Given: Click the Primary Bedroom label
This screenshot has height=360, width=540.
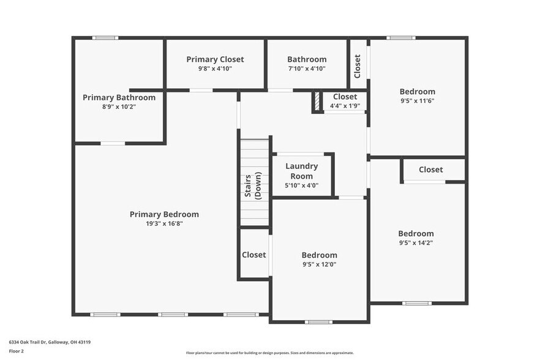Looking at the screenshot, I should tap(164, 214).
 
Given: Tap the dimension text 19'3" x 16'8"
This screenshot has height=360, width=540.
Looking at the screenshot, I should tap(164, 223).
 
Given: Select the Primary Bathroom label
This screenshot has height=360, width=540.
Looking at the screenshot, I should tap(119, 97).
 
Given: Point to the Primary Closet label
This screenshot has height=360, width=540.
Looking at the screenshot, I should tap(215, 59).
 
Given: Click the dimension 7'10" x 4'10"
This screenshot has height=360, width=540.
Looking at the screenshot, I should tap(307, 69).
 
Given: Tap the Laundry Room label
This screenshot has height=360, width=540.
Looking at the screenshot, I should tap(301, 171).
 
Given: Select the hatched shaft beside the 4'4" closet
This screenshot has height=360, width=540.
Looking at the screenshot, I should tap(317, 102).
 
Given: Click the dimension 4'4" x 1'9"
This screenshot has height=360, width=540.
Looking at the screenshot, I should tap(345, 106).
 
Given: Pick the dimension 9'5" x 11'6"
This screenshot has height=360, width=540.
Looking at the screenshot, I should tap(418, 100).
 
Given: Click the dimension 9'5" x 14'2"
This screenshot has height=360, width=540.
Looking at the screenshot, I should tap(416, 242).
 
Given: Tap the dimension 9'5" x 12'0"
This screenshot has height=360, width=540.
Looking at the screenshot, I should tap(319, 264).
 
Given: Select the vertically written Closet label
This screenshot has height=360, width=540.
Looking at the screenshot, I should tap(358, 66).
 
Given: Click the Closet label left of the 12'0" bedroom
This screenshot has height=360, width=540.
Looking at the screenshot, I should tap(253, 255).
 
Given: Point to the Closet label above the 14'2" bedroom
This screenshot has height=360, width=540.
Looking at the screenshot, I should tap(430, 170).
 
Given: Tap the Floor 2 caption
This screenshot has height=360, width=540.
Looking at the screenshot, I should tap(16, 351).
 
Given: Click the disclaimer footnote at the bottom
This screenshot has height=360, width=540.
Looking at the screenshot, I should tap(269, 353).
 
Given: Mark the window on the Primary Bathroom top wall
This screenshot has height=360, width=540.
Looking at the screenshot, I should tap(105, 38).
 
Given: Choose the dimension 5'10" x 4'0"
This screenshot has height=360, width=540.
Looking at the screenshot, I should tap(301, 186).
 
